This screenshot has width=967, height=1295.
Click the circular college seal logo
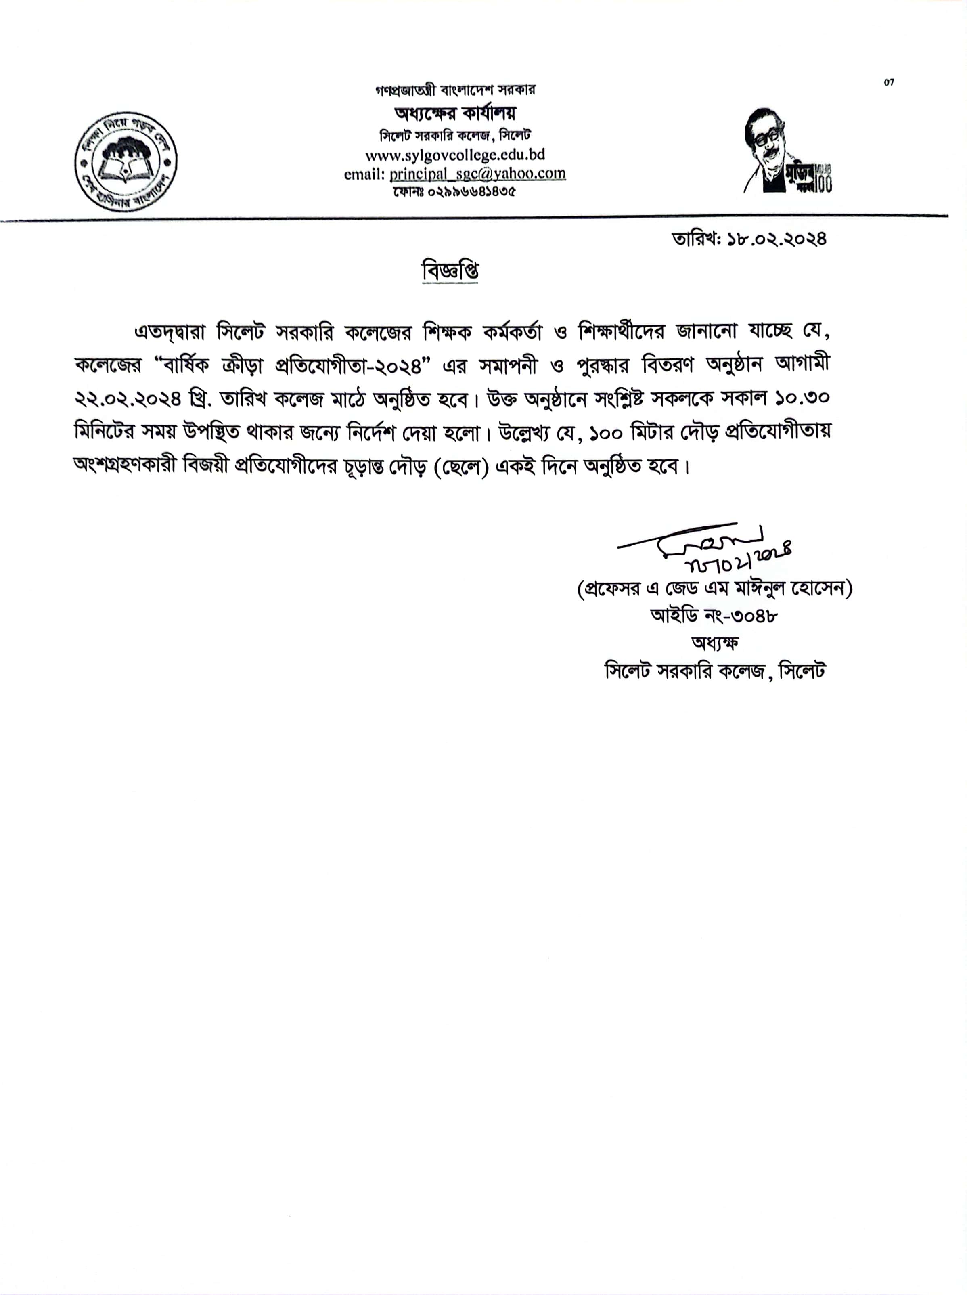pos(126,161)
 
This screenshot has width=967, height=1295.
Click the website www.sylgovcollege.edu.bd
pos(455,155)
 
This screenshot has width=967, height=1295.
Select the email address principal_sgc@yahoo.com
pos(477,174)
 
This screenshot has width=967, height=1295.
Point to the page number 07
pos(889,82)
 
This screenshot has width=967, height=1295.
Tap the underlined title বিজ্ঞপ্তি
pos(450,271)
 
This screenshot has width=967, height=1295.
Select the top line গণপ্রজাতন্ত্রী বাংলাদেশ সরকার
pos(455,90)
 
